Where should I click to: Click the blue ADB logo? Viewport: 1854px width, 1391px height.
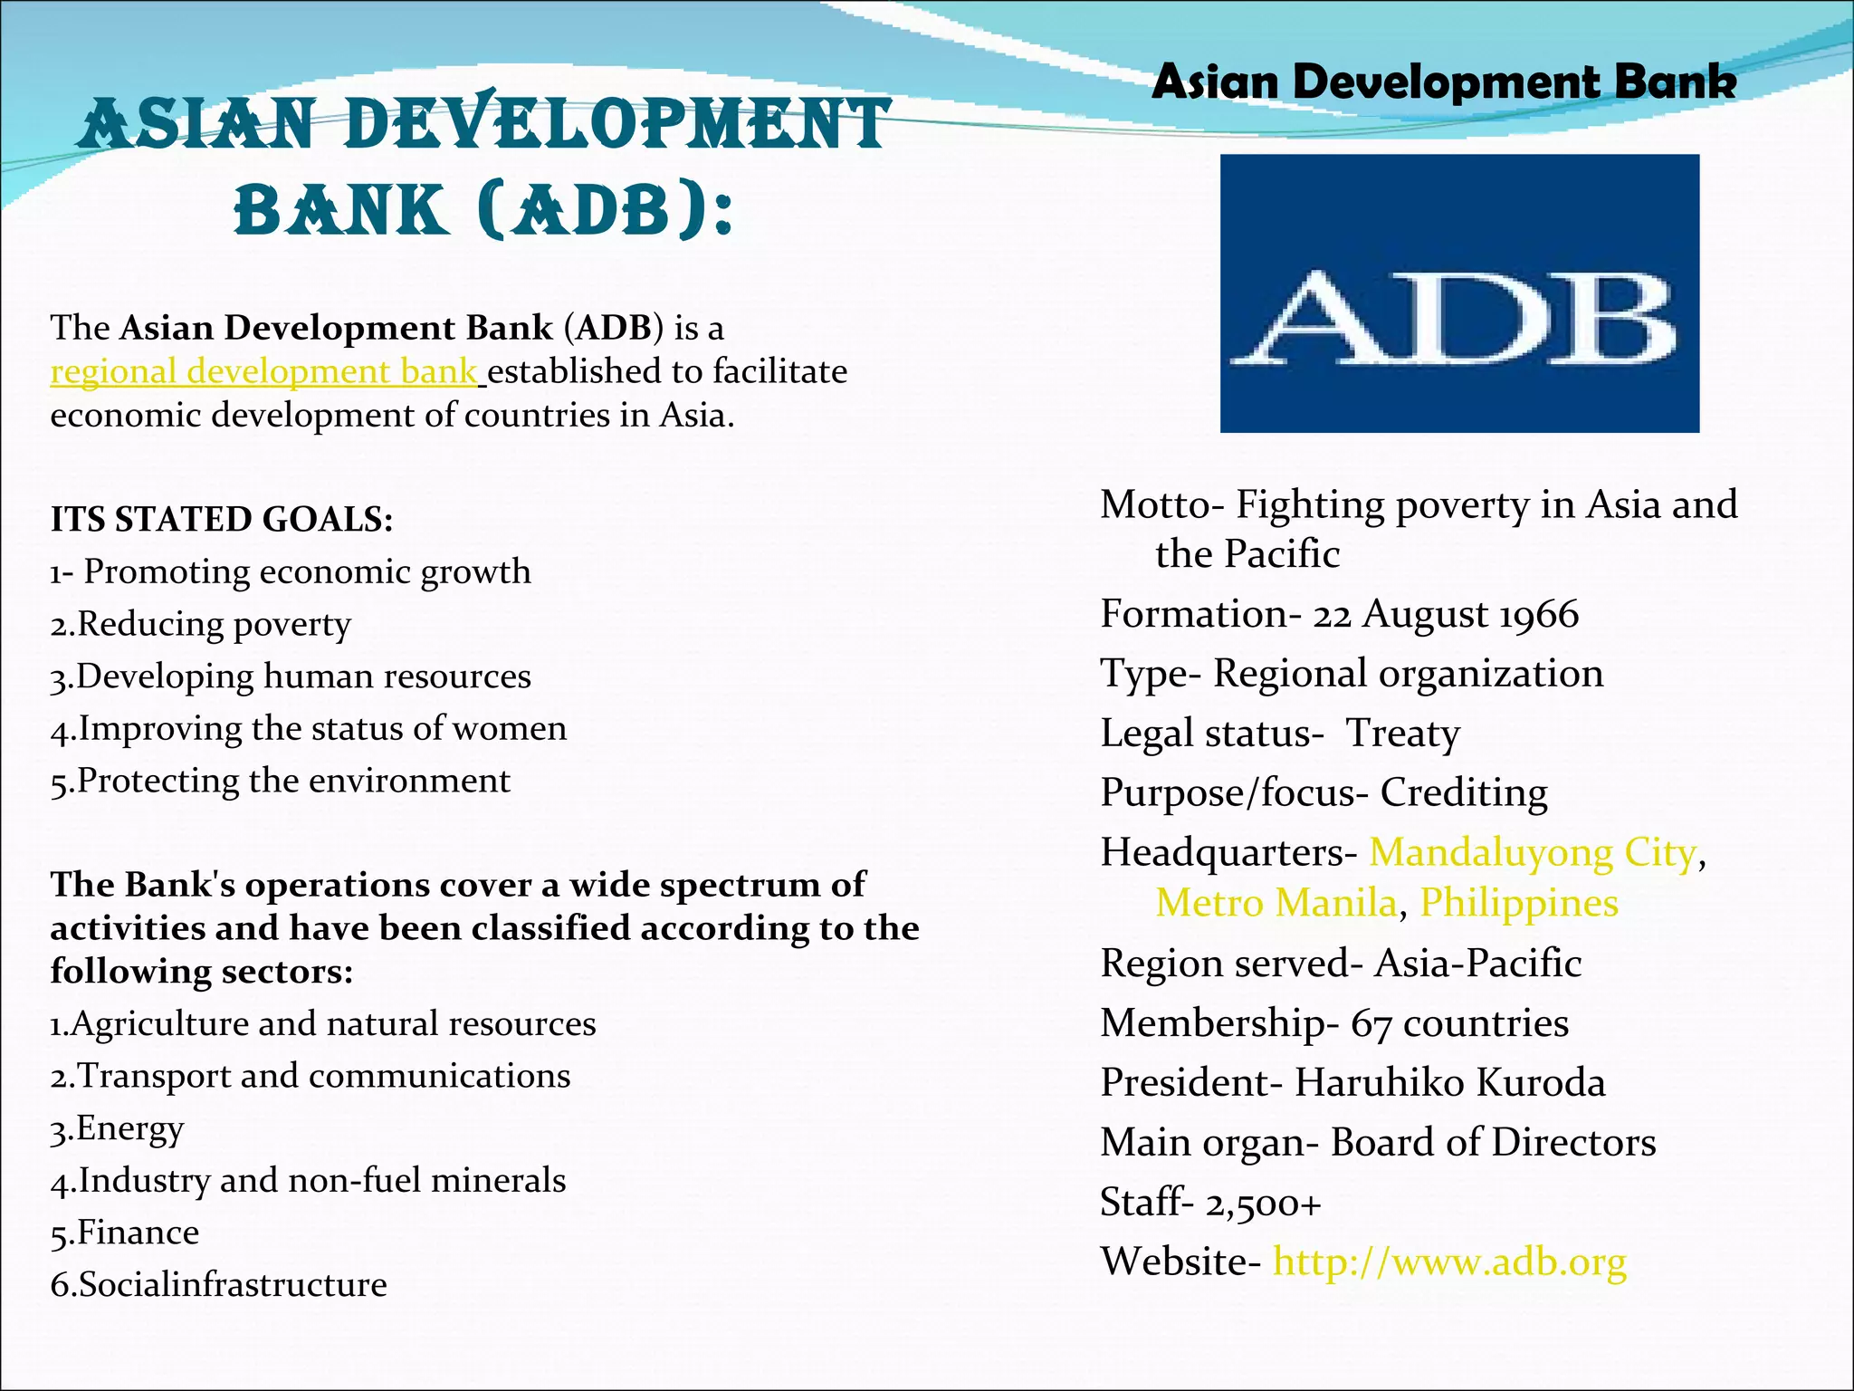1459,293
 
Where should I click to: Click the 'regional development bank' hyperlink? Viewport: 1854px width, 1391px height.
263,372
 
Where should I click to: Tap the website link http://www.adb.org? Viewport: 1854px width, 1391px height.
1449,1261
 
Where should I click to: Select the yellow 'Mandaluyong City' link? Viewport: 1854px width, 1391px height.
1533,853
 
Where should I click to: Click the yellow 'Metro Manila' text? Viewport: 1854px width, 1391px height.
1276,903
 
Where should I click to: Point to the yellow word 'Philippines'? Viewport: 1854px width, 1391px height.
1519,903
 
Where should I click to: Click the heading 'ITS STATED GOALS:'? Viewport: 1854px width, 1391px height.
222,520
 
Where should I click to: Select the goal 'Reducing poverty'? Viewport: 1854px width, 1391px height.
214,624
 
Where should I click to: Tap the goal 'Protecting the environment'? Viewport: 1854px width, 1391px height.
293,781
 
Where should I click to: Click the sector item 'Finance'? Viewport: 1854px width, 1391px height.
138,1233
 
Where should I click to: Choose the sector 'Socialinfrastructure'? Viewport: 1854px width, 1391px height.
233,1285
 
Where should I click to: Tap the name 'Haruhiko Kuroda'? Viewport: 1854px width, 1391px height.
1449,1083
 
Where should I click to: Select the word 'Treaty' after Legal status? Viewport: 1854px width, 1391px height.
1402,734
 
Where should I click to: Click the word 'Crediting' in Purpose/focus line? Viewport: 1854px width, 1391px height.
1464,792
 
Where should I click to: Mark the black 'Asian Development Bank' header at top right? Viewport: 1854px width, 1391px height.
1444,82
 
